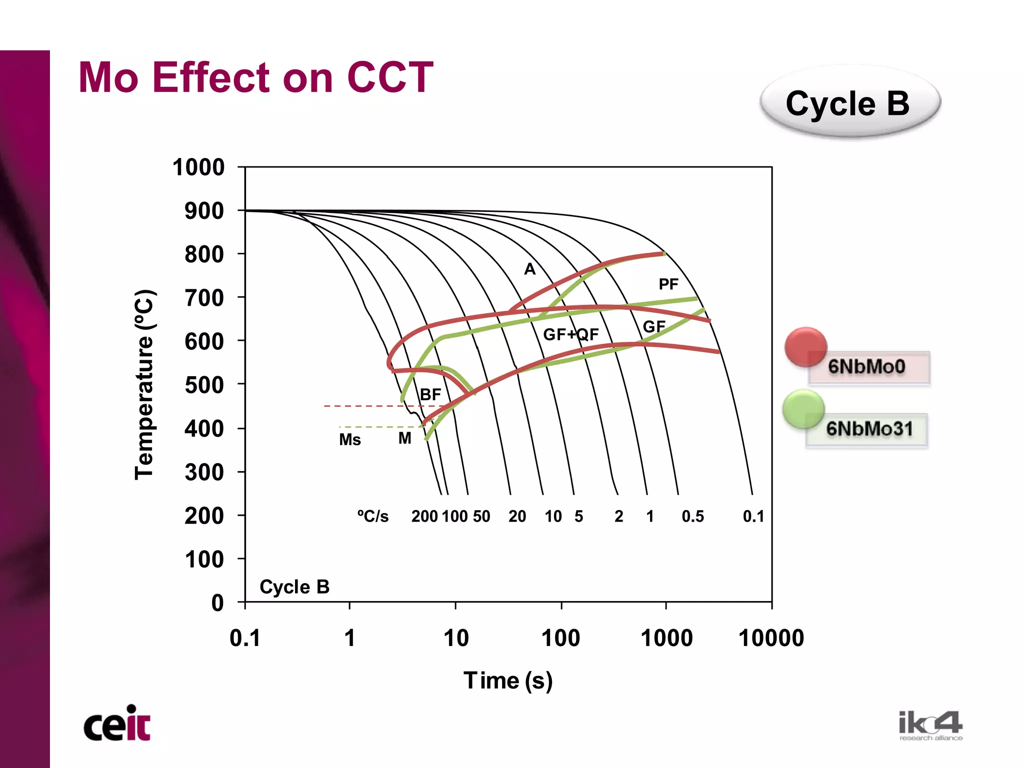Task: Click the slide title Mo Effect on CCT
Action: pyautogui.click(x=255, y=77)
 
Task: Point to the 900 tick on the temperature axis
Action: pyautogui.click(x=204, y=211)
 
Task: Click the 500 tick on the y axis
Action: pyautogui.click(x=204, y=385)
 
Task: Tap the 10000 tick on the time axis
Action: pyautogui.click(x=770, y=638)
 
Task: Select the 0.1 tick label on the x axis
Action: pyautogui.click(x=245, y=638)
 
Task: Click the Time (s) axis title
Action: pyautogui.click(x=507, y=681)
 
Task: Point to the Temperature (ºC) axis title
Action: pyautogui.click(x=145, y=385)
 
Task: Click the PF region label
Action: pyautogui.click(x=668, y=284)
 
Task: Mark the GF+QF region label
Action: pyautogui.click(x=570, y=334)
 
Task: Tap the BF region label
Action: pyautogui.click(x=430, y=395)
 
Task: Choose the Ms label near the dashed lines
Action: pyautogui.click(x=349, y=440)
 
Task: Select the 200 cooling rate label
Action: pyautogui.click(x=424, y=516)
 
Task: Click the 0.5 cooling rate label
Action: pyautogui.click(x=692, y=516)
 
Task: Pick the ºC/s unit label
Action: pyautogui.click(x=372, y=516)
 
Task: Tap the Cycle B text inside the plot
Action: pyautogui.click(x=294, y=587)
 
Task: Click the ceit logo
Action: pyautogui.click(x=117, y=724)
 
